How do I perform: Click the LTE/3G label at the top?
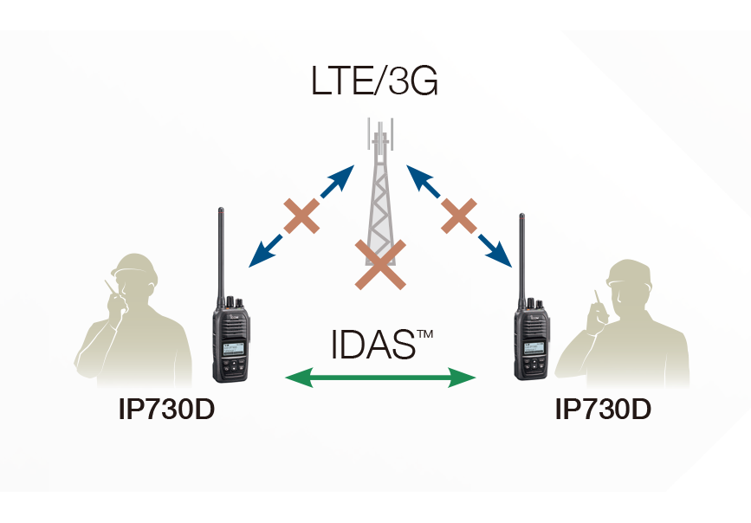(375, 84)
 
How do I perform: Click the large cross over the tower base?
(379, 264)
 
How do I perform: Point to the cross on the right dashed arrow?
(459, 216)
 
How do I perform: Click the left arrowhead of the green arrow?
(296, 377)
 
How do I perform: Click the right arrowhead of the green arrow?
(466, 377)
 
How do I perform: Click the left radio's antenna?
(222, 251)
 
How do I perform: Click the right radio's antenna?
(522, 255)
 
